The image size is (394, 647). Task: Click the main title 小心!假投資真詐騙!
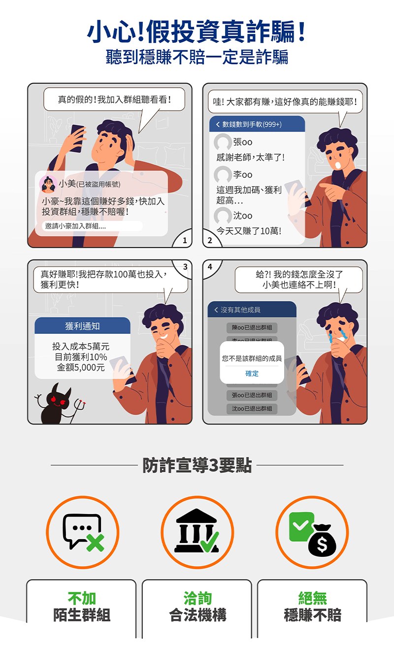point(197,31)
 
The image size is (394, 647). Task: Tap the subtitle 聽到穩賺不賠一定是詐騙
point(197,57)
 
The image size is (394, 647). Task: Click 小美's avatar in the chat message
point(48,184)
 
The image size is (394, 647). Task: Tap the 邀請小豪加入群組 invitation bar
point(93,226)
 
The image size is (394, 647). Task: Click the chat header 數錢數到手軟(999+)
point(257,124)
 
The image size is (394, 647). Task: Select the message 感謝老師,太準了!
point(251,158)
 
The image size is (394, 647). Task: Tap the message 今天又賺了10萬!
point(249,231)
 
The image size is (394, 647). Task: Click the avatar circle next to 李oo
point(223,174)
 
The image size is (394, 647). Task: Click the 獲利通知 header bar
point(82,326)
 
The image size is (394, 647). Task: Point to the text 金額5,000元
point(81,367)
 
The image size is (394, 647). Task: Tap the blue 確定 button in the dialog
point(252,373)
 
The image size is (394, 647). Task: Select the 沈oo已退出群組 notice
point(252,409)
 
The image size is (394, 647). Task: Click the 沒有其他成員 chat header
point(252,310)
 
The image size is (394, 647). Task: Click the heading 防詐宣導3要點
point(197,465)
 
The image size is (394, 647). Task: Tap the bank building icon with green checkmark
point(197,531)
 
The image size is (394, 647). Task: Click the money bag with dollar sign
point(322,540)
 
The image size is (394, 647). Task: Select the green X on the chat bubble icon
point(95,542)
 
